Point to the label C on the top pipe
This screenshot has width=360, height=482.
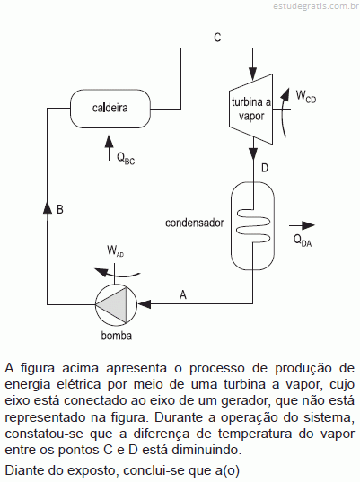[217, 38]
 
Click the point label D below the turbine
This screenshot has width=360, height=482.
[265, 168]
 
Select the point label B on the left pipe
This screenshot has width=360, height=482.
[60, 209]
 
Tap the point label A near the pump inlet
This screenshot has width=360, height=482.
[183, 294]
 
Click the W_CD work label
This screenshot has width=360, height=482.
[306, 96]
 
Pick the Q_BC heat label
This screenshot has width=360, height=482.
[126, 159]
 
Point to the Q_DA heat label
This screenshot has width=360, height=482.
[303, 240]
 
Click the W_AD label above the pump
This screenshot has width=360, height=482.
[115, 250]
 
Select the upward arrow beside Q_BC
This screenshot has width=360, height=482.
[109, 147]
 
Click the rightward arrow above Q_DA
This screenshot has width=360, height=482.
[302, 225]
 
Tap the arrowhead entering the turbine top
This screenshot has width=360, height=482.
[252, 74]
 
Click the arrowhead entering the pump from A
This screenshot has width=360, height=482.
[145, 304]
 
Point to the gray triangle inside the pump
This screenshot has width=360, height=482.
[111, 304]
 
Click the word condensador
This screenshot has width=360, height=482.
[195, 223]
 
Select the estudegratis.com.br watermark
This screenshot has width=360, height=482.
[316, 6]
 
